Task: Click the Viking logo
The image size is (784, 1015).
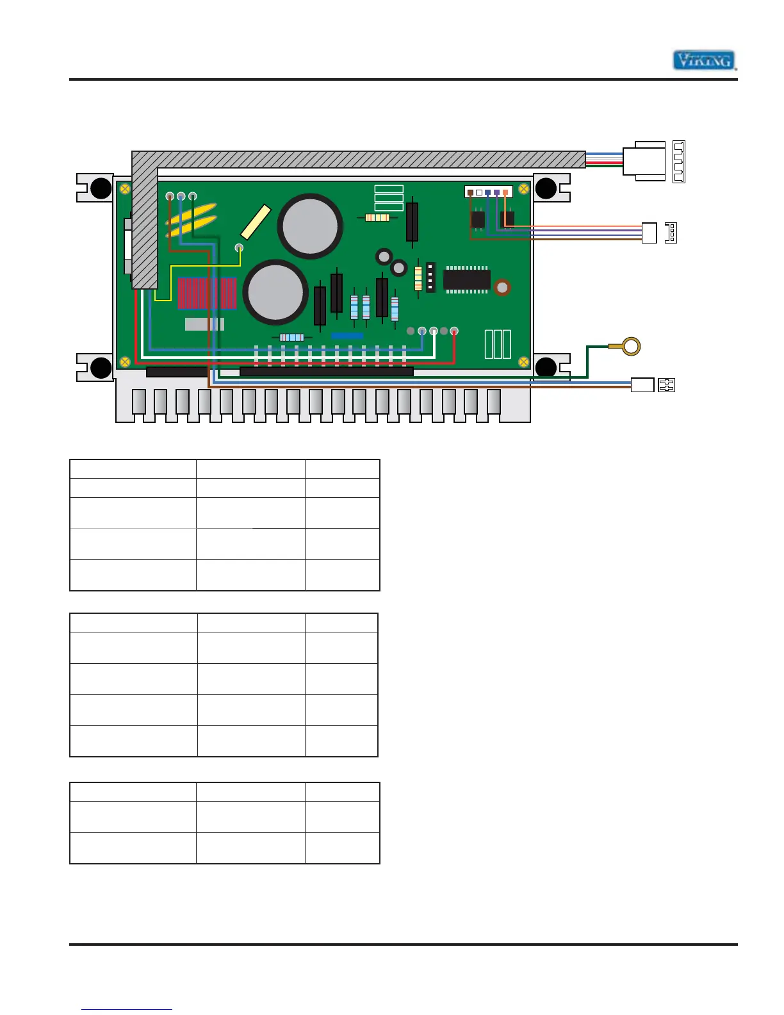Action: point(703,60)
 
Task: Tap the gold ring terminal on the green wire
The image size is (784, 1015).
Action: point(631,347)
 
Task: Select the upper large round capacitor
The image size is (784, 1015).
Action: point(310,226)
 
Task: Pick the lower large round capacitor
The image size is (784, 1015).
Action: point(275,292)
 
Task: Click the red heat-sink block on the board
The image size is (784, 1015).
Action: point(207,293)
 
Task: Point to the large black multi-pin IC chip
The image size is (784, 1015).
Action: point(467,279)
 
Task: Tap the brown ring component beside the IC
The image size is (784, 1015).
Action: point(502,288)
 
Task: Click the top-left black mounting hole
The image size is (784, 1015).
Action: point(101,188)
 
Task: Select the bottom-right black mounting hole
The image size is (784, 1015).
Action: point(546,367)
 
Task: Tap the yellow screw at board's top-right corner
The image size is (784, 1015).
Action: point(523,188)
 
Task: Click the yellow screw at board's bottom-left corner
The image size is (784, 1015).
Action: point(125,362)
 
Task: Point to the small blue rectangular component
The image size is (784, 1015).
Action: point(347,336)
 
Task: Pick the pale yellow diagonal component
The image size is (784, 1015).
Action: point(256,222)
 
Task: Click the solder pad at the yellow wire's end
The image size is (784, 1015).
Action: point(240,248)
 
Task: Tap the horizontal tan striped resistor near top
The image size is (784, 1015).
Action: point(377,218)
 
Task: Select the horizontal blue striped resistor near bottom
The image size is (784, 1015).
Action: point(291,337)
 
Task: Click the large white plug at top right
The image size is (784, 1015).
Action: point(644,161)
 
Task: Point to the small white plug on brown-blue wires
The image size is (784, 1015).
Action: point(642,385)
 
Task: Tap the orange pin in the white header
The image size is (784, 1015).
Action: point(505,192)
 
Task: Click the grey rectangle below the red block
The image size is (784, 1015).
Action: point(204,324)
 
